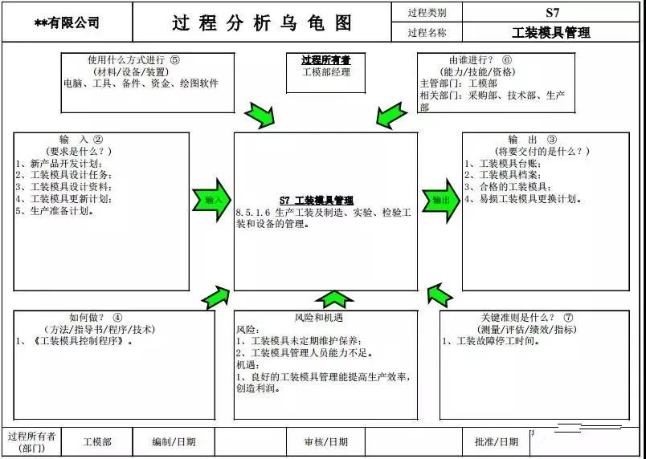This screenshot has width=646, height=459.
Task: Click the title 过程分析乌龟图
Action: (x=262, y=22)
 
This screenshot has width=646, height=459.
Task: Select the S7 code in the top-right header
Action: (x=551, y=12)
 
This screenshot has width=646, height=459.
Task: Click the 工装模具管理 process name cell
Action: (x=551, y=33)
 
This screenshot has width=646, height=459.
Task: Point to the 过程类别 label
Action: (x=427, y=12)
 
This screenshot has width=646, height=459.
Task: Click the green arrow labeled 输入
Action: (x=211, y=200)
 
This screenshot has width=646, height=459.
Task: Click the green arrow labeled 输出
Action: (x=440, y=200)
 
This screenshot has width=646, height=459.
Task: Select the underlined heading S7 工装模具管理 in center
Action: (x=316, y=201)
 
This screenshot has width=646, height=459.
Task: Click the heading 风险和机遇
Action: (x=325, y=317)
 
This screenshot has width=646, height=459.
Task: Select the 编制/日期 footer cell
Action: (x=174, y=441)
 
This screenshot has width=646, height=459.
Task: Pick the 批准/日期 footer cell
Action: (x=496, y=441)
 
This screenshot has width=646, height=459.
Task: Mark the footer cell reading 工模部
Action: (x=97, y=441)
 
